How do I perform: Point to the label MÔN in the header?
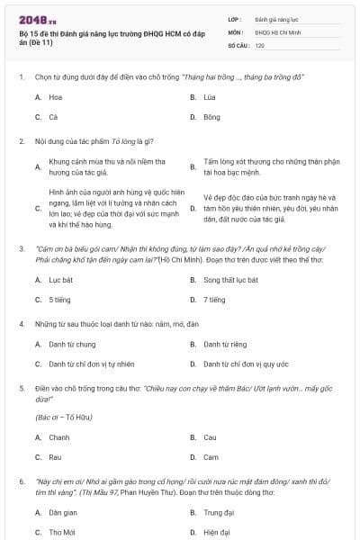[235, 31]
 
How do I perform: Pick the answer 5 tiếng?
[60, 300]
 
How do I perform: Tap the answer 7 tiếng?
[214, 300]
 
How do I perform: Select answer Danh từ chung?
[72, 344]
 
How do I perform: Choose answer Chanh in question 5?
[59, 437]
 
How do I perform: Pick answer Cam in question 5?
[211, 457]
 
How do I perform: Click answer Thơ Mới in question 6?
[62, 532]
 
